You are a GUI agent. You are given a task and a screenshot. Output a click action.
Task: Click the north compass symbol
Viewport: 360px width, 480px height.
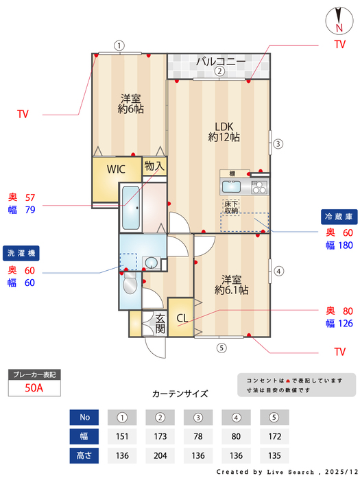pyautogui.click(x=339, y=19)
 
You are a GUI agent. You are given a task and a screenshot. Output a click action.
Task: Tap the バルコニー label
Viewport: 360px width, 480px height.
pyautogui.click(x=220, y=62)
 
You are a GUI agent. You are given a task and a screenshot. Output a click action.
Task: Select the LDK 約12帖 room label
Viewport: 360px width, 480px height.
pyautogui.click(x=224, y=132)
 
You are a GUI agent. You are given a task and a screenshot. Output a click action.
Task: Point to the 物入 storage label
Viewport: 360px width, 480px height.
pyautogui.click(x=154, y=166)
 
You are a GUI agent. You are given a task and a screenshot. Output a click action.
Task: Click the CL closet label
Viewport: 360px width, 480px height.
pyautogui.click(x=182, y=318)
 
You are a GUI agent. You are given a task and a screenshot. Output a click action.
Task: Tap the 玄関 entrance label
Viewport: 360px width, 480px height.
pyautogui.click(x=160, y=323)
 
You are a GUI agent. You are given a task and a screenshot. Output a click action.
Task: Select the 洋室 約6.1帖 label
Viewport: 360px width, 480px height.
pyautogui.click(x=231, y=285)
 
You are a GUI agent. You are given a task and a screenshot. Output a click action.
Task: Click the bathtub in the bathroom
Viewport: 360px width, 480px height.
pyautogui.click(x=131, y=208)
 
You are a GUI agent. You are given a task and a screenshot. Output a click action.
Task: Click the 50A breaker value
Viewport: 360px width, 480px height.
pyautogui.click(x=33, y=388)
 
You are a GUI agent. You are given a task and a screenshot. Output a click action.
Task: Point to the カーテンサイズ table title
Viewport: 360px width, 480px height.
pyautogui.click(x=180, y=394)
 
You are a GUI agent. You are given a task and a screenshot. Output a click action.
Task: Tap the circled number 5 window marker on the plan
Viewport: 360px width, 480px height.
pyautogui.click(x=221, y=348)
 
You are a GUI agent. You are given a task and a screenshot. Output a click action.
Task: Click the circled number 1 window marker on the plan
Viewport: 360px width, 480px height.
pyautogui.click(x=119, y=46)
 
